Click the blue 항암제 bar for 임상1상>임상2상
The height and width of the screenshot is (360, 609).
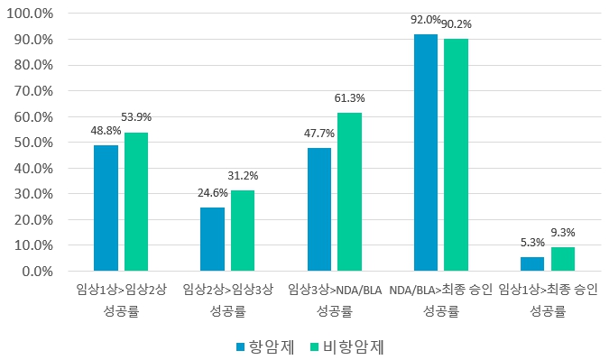click(106, 208)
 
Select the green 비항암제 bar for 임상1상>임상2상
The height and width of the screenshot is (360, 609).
click(136, 201)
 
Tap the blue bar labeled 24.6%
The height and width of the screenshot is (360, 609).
click(212, 239)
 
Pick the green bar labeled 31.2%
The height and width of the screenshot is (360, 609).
click(243, 230)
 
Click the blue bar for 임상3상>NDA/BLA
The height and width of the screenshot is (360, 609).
click(318, 209)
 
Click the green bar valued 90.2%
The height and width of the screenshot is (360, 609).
click(456, 154)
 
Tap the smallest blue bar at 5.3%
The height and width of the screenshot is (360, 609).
click(532, 263)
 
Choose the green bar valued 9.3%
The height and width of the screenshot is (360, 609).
click(563, 259)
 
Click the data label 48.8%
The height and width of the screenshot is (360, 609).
click(106, 131)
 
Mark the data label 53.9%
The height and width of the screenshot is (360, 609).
click(136, 117)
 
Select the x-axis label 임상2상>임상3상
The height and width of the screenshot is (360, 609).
click(227, 290)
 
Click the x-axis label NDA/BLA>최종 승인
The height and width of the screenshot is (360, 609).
click(441, 290)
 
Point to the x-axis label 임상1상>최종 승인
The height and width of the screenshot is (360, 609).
click(548, 290)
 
